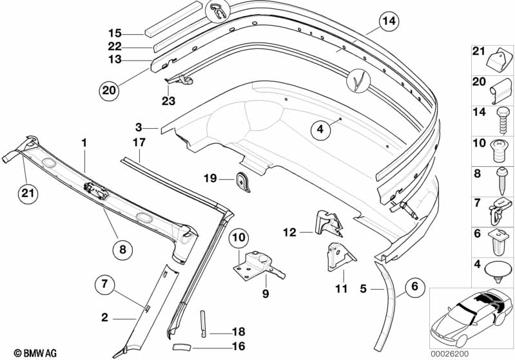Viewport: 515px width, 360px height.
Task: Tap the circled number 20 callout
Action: (x=110, y=91)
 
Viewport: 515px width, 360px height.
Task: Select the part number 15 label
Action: (x=115, y=33)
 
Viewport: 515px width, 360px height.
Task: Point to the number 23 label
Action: (x=169, y=100)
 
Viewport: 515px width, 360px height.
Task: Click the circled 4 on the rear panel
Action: (x=320, y=130)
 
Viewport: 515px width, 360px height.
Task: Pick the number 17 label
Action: (x=139, y=142)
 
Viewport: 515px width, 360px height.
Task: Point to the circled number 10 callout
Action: (x=238, y=238)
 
